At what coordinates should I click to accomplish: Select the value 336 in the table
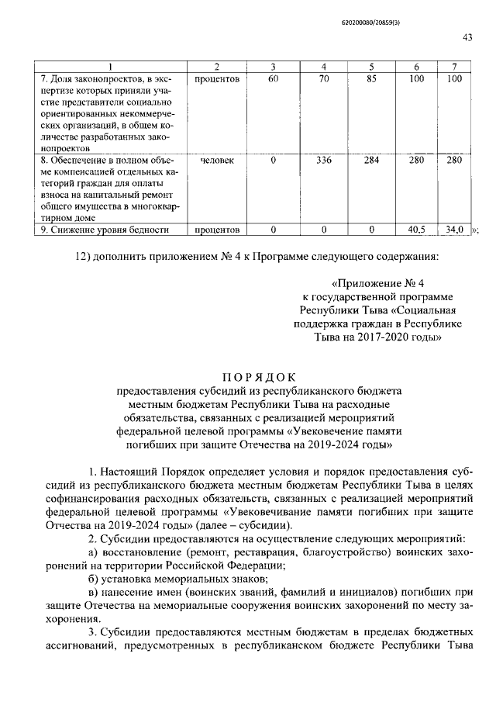(x=326, y=161)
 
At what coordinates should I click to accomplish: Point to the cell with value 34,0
(x=454, y=230)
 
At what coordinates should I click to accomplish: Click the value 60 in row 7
(x=273, y=79)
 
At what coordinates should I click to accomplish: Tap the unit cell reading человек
(x=219, y=161)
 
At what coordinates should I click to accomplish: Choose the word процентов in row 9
(x=219, y=230)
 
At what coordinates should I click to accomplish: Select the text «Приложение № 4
(x=374, y=284)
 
